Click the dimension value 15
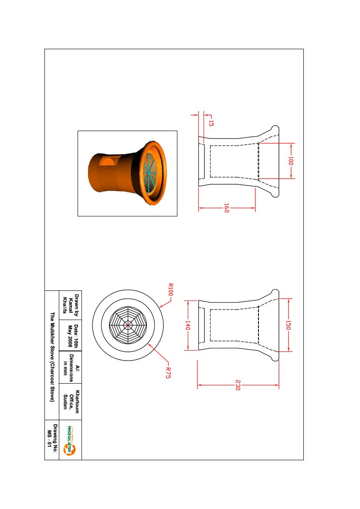(x=211, y=123)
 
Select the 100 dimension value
(x=290, y=161)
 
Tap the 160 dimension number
(x=227, y=208)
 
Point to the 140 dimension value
(x=187, y=325)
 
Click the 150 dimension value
(x=288, y=325)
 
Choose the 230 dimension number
(x=238, y=385)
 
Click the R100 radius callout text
(x=170, y=290)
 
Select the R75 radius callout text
(x=168, y=373)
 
